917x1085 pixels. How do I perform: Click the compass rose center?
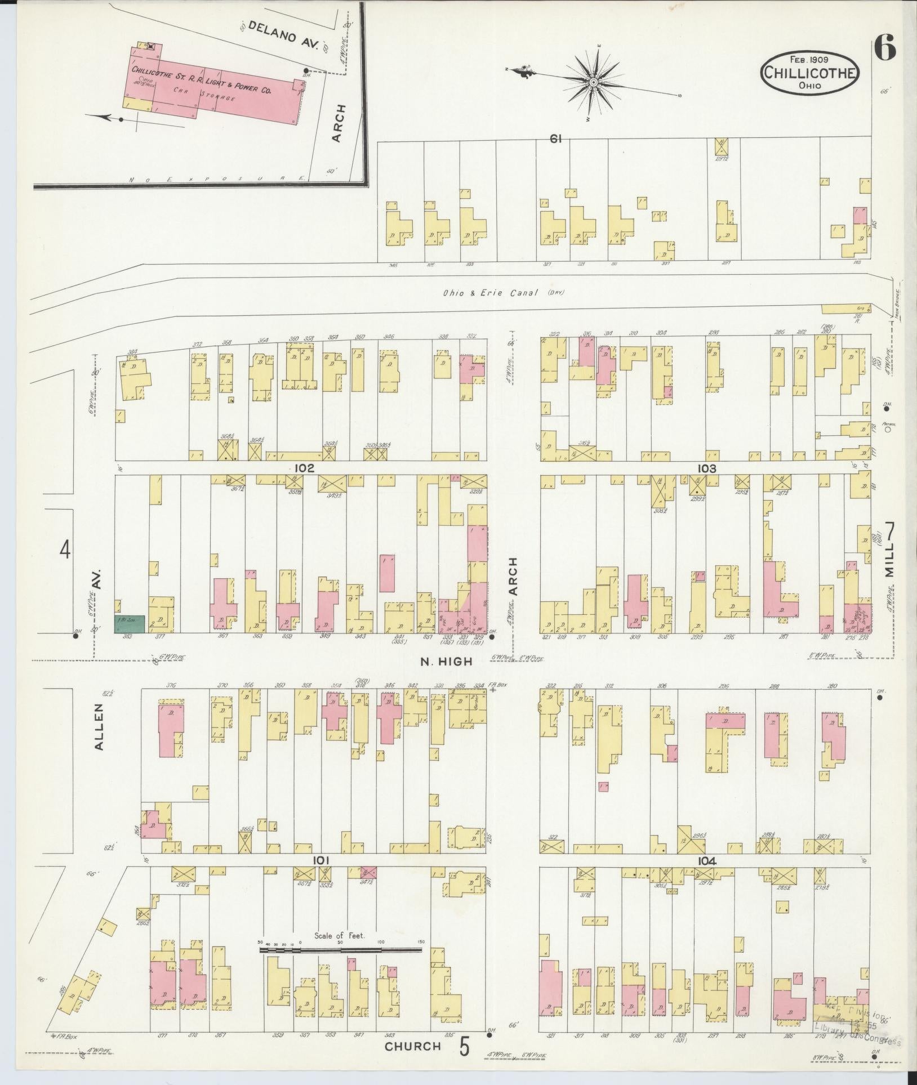pyautogui.click(x=594, y=82)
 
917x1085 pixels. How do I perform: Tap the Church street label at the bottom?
pyautogui.click(x=412, y=1046)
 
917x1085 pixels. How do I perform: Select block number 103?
pyautogui.click(x=706, y=468)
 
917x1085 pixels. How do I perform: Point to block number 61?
pyautogui.click(x=556, y=139)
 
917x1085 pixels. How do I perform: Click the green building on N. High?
pyautogui.click(x=130, y=624)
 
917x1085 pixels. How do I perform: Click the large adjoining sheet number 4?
pyautogui.click(x=65, y=549)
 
